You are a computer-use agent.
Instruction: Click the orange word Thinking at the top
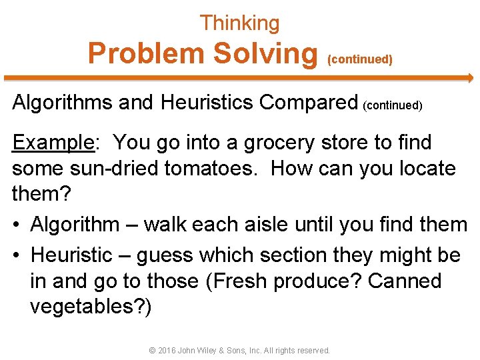point(239,23)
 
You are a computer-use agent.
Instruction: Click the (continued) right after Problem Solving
point(360,59)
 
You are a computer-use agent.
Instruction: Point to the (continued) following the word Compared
point(393,105)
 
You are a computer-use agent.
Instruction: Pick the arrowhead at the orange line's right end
point(469,77)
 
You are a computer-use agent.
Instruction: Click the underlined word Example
point(53,143)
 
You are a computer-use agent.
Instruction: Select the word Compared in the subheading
point(309,103)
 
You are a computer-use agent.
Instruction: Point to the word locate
point(427,168)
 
